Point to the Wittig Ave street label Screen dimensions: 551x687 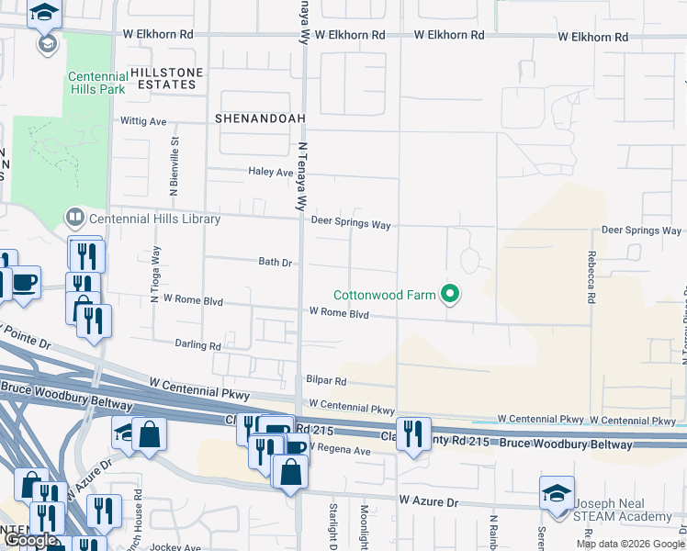(x=143, y=120)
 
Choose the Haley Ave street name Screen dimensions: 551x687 (x=270, y=172)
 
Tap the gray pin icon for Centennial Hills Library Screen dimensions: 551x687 (x=74, y=219)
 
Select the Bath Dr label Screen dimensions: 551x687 (x=275, y=262)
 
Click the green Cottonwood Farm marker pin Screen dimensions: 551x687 (x=449, y=295)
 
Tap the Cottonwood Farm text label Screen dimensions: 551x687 (x=384, y=295)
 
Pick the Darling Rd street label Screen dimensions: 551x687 (x=197, y=346)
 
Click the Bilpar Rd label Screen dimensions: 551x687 (x=326, y=380)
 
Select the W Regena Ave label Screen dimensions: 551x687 (x=339, y=450)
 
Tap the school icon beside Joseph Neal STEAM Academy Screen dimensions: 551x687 (x=557, y=494)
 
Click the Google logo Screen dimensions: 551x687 (x=30, y=541)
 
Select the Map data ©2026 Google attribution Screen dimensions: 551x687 (x=630, y=544)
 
